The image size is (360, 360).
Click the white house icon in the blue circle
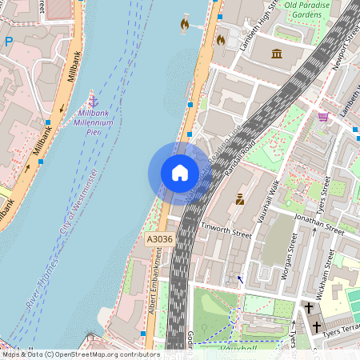coord(180,172)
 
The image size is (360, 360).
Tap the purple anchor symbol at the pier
coord(93,101)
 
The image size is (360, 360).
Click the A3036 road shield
coord(160,239)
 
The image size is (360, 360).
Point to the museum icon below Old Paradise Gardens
coord(277,54)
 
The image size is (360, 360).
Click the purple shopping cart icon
coord(323,117)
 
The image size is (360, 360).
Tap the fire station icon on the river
coord(185,24)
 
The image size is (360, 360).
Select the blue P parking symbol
coord(9,42)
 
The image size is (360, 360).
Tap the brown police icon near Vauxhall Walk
coord(239,198)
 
